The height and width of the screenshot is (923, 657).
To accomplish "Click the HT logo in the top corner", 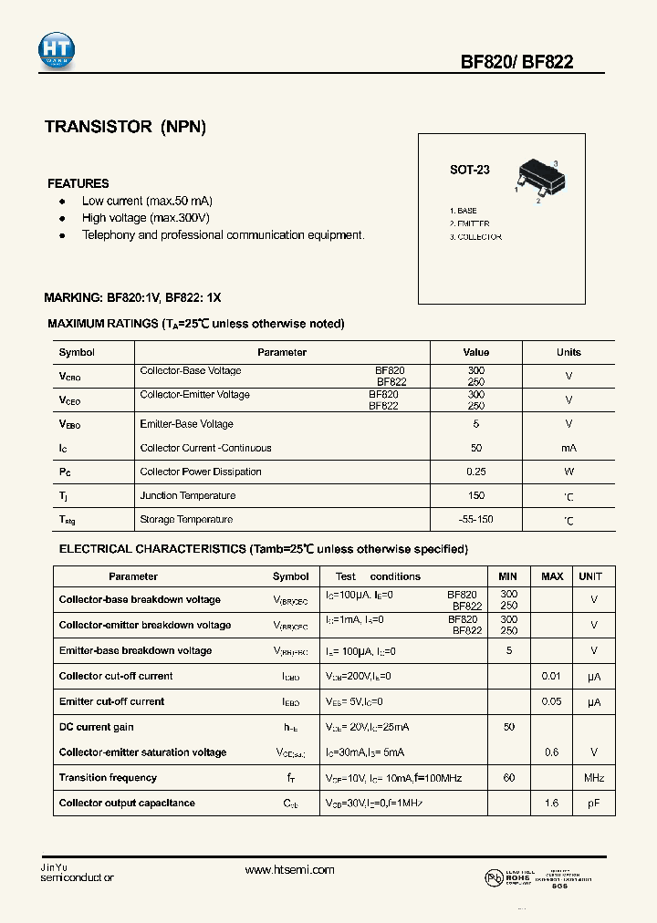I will point(57,51).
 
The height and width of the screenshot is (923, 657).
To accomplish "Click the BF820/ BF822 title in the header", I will point(516,62).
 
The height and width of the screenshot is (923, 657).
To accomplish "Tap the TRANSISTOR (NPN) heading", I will point(125,128).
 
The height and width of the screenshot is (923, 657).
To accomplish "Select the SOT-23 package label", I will point(469,170).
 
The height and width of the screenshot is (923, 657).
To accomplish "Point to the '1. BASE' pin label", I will point(463,211).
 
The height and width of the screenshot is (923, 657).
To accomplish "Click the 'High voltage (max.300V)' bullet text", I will point(146,218).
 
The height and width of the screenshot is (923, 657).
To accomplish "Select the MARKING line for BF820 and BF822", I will point(132,298).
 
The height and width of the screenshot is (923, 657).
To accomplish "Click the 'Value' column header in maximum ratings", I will point(475,352).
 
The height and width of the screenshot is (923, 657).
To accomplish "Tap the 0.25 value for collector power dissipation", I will point(475,472).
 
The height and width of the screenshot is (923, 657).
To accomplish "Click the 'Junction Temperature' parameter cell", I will point(187,495).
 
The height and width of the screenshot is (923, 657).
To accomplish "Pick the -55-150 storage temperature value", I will point(475,519).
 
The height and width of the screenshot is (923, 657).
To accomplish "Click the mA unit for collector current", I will point(568,448).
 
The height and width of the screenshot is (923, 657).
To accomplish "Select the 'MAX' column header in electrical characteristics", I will point(552,576).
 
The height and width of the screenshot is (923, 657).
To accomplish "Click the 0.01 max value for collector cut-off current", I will point(552,676).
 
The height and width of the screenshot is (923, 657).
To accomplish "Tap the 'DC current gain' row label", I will point(97,727).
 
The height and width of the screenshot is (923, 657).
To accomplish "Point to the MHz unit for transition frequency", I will point(594,778).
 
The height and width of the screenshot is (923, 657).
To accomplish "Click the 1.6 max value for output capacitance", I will point(552,804).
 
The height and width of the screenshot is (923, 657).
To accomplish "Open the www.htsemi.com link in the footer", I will point(290,870).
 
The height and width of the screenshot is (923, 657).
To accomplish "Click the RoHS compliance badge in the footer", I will point(517,876).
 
